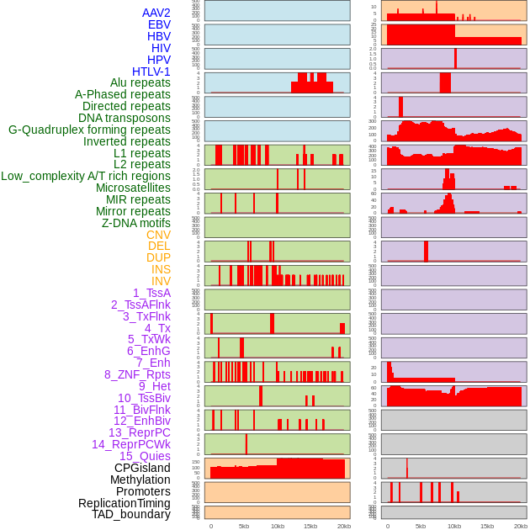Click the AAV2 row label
click(156, 13)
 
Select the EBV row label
click(158, 24)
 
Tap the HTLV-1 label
click(151, 72)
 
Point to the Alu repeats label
click(140, 82)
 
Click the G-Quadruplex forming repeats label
click(89, 130)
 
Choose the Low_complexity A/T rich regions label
click(86, 176)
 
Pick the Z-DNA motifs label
click(135, 223)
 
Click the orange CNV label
click(158, 235)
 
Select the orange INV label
click(161, 281)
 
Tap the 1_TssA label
click(151, 293)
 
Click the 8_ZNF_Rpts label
click(137, 374)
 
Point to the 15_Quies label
click(145, 456)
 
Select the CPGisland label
click(142, 468)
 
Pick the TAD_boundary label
click(130, 514)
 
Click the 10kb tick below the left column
click(277, 526)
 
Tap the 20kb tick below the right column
click(521, 526)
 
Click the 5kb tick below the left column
click(244, 526)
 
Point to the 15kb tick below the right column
click(487, 526)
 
